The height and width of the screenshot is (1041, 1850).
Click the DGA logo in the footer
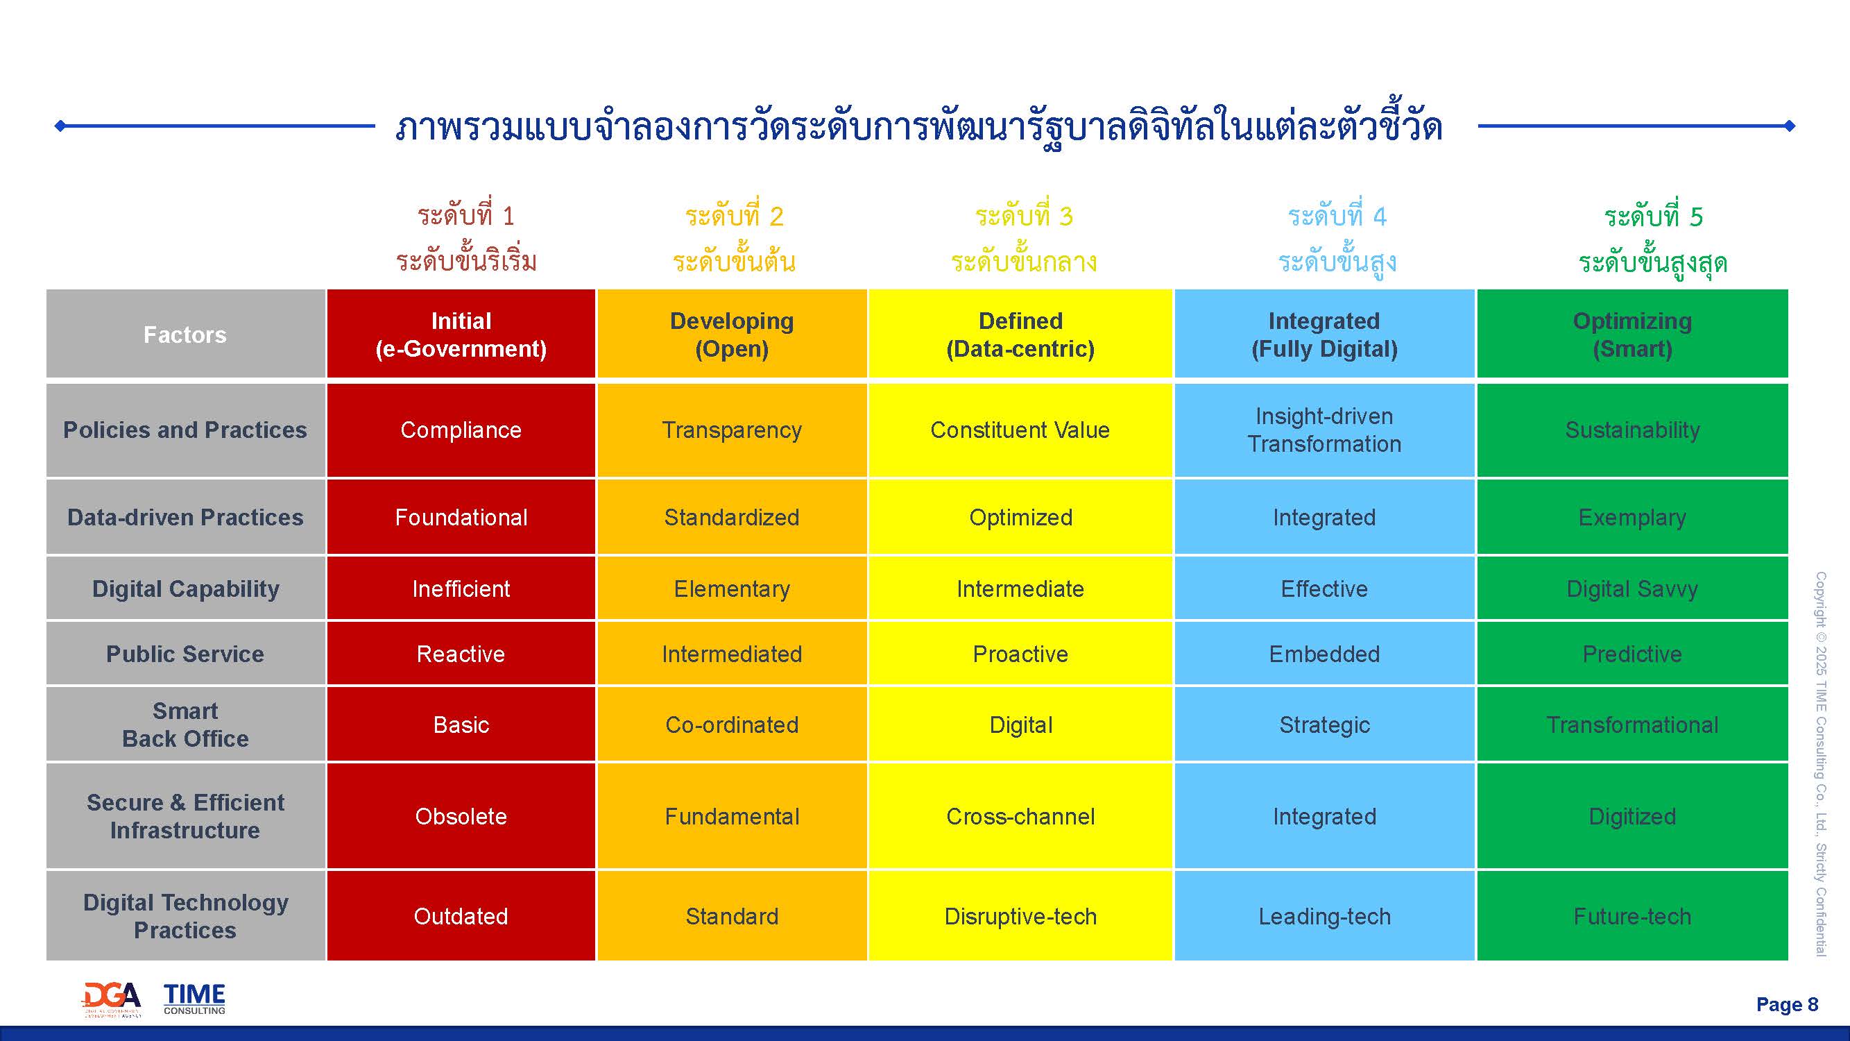coord(112,999)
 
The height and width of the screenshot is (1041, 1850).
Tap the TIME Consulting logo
coord(194,999)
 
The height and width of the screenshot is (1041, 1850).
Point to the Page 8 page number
coord(1787,1004)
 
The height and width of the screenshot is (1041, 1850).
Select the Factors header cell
coord(185,334)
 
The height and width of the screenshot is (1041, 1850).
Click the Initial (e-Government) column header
coord(461,334)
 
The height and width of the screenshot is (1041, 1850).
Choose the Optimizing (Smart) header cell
coord(1632,334)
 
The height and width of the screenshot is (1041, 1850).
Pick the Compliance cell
coord(461,430)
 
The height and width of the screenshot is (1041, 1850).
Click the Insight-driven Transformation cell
coord(1324,430)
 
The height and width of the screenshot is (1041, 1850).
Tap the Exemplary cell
coord(1632,517)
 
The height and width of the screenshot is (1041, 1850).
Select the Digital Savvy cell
coord(1632,589)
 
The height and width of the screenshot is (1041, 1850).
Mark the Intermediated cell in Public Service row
coord(732,654)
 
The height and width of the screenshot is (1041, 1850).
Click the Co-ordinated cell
coord(732,724)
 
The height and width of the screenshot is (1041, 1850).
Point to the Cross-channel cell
coord(1020,816)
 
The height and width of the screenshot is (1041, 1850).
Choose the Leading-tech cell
coord(1324,916)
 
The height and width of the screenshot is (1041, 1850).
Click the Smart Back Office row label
coord(185,724)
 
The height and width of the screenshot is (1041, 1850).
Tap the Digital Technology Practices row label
coord(185,916)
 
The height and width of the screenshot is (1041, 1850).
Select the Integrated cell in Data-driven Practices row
coord(1324,517)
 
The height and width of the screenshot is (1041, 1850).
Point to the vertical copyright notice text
coord(1821,763)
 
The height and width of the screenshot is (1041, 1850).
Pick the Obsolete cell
coord(461,816)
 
